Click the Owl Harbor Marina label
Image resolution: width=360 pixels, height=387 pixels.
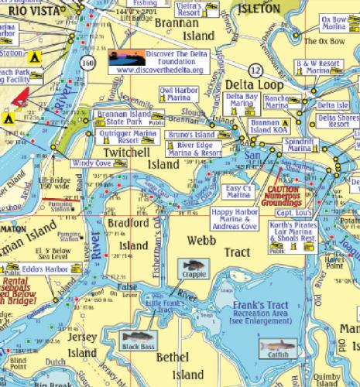tap(180, 94)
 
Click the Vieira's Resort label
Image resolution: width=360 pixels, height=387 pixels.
tap(205, 9)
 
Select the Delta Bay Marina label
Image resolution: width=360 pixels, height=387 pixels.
tap(242, 100)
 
